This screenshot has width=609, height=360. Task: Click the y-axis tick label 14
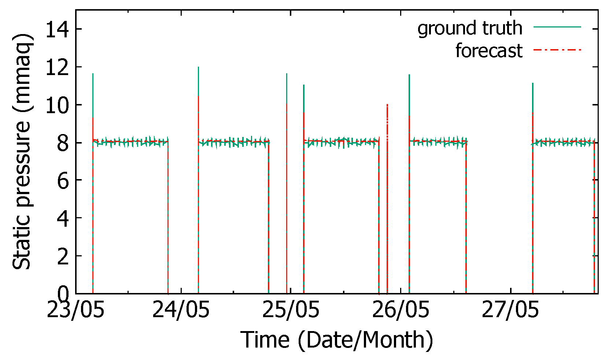57,29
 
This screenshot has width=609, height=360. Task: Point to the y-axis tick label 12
57,67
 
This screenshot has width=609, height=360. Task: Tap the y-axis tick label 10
57,105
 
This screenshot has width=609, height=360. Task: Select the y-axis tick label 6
63,180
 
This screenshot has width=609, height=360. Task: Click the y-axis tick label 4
63,218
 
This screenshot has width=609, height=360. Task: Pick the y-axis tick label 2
63,256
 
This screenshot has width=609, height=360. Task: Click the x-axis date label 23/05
75,310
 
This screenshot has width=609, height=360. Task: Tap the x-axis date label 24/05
181,310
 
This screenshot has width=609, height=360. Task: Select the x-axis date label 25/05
291,310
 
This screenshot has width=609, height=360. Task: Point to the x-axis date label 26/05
400,310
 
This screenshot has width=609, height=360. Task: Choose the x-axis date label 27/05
510,310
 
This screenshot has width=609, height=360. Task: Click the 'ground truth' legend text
470,28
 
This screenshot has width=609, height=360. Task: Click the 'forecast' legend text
488,51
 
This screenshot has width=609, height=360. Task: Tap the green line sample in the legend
557,27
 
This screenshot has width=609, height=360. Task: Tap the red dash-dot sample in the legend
557,49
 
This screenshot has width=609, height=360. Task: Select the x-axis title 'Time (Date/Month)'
337,339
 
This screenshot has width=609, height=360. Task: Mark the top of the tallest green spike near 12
198,67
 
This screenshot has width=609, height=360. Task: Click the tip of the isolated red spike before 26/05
387,105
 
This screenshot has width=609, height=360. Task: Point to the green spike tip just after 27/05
532,83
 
